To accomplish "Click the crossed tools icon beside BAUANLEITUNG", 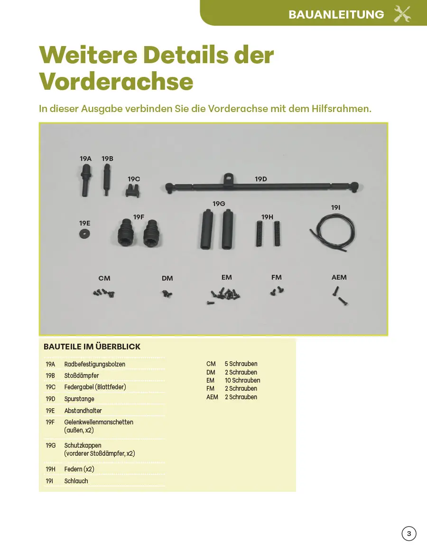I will coord(402,14).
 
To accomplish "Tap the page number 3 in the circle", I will coord(409,534).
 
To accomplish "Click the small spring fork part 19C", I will coord(132,191).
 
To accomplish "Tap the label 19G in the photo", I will coord(219,204).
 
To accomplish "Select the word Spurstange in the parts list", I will coord(79,399).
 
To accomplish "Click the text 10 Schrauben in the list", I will coord(242,380).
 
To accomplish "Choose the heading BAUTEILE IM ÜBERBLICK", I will coord(92,347).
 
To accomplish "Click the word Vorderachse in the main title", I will coord(116,81).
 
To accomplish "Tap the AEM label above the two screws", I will coord(339,277).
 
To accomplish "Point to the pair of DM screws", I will coord(167,294).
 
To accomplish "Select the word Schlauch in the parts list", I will coord(76,481).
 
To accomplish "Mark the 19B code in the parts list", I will coord(50,376).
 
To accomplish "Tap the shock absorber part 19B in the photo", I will coord(108,179).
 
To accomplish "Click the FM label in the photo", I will coord(277,277).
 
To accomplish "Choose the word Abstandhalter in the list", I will coord(83,411).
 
